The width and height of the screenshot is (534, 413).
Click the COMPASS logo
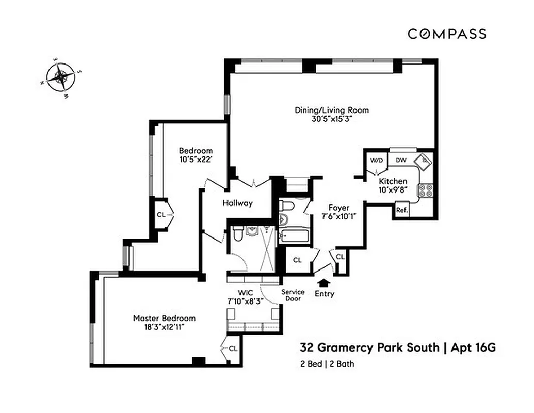(x=447, y=34)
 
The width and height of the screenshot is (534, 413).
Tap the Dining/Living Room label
(x=332, y=110)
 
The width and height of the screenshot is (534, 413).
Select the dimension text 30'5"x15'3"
(x=332, y=118)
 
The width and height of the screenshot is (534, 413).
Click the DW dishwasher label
(x=401, y=160)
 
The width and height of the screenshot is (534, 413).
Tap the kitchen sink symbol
(x=425, y=162)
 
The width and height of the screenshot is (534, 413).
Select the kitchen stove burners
(x=427, y=190)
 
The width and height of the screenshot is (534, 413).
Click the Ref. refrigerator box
(x=401, y=210)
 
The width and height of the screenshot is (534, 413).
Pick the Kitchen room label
(x=393, y=181)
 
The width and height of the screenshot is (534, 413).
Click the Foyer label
(x=338, y=208)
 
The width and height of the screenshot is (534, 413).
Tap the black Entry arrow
(x=324, y=282)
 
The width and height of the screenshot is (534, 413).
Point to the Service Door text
(x=293, y=295)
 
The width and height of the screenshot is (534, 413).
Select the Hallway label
(x=237, y=203)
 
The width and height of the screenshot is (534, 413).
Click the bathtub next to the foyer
(x=294, y=237)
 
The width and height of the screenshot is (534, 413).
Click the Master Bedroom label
(x=164, y=318)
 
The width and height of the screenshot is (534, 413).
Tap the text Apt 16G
(x=473, y=347)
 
